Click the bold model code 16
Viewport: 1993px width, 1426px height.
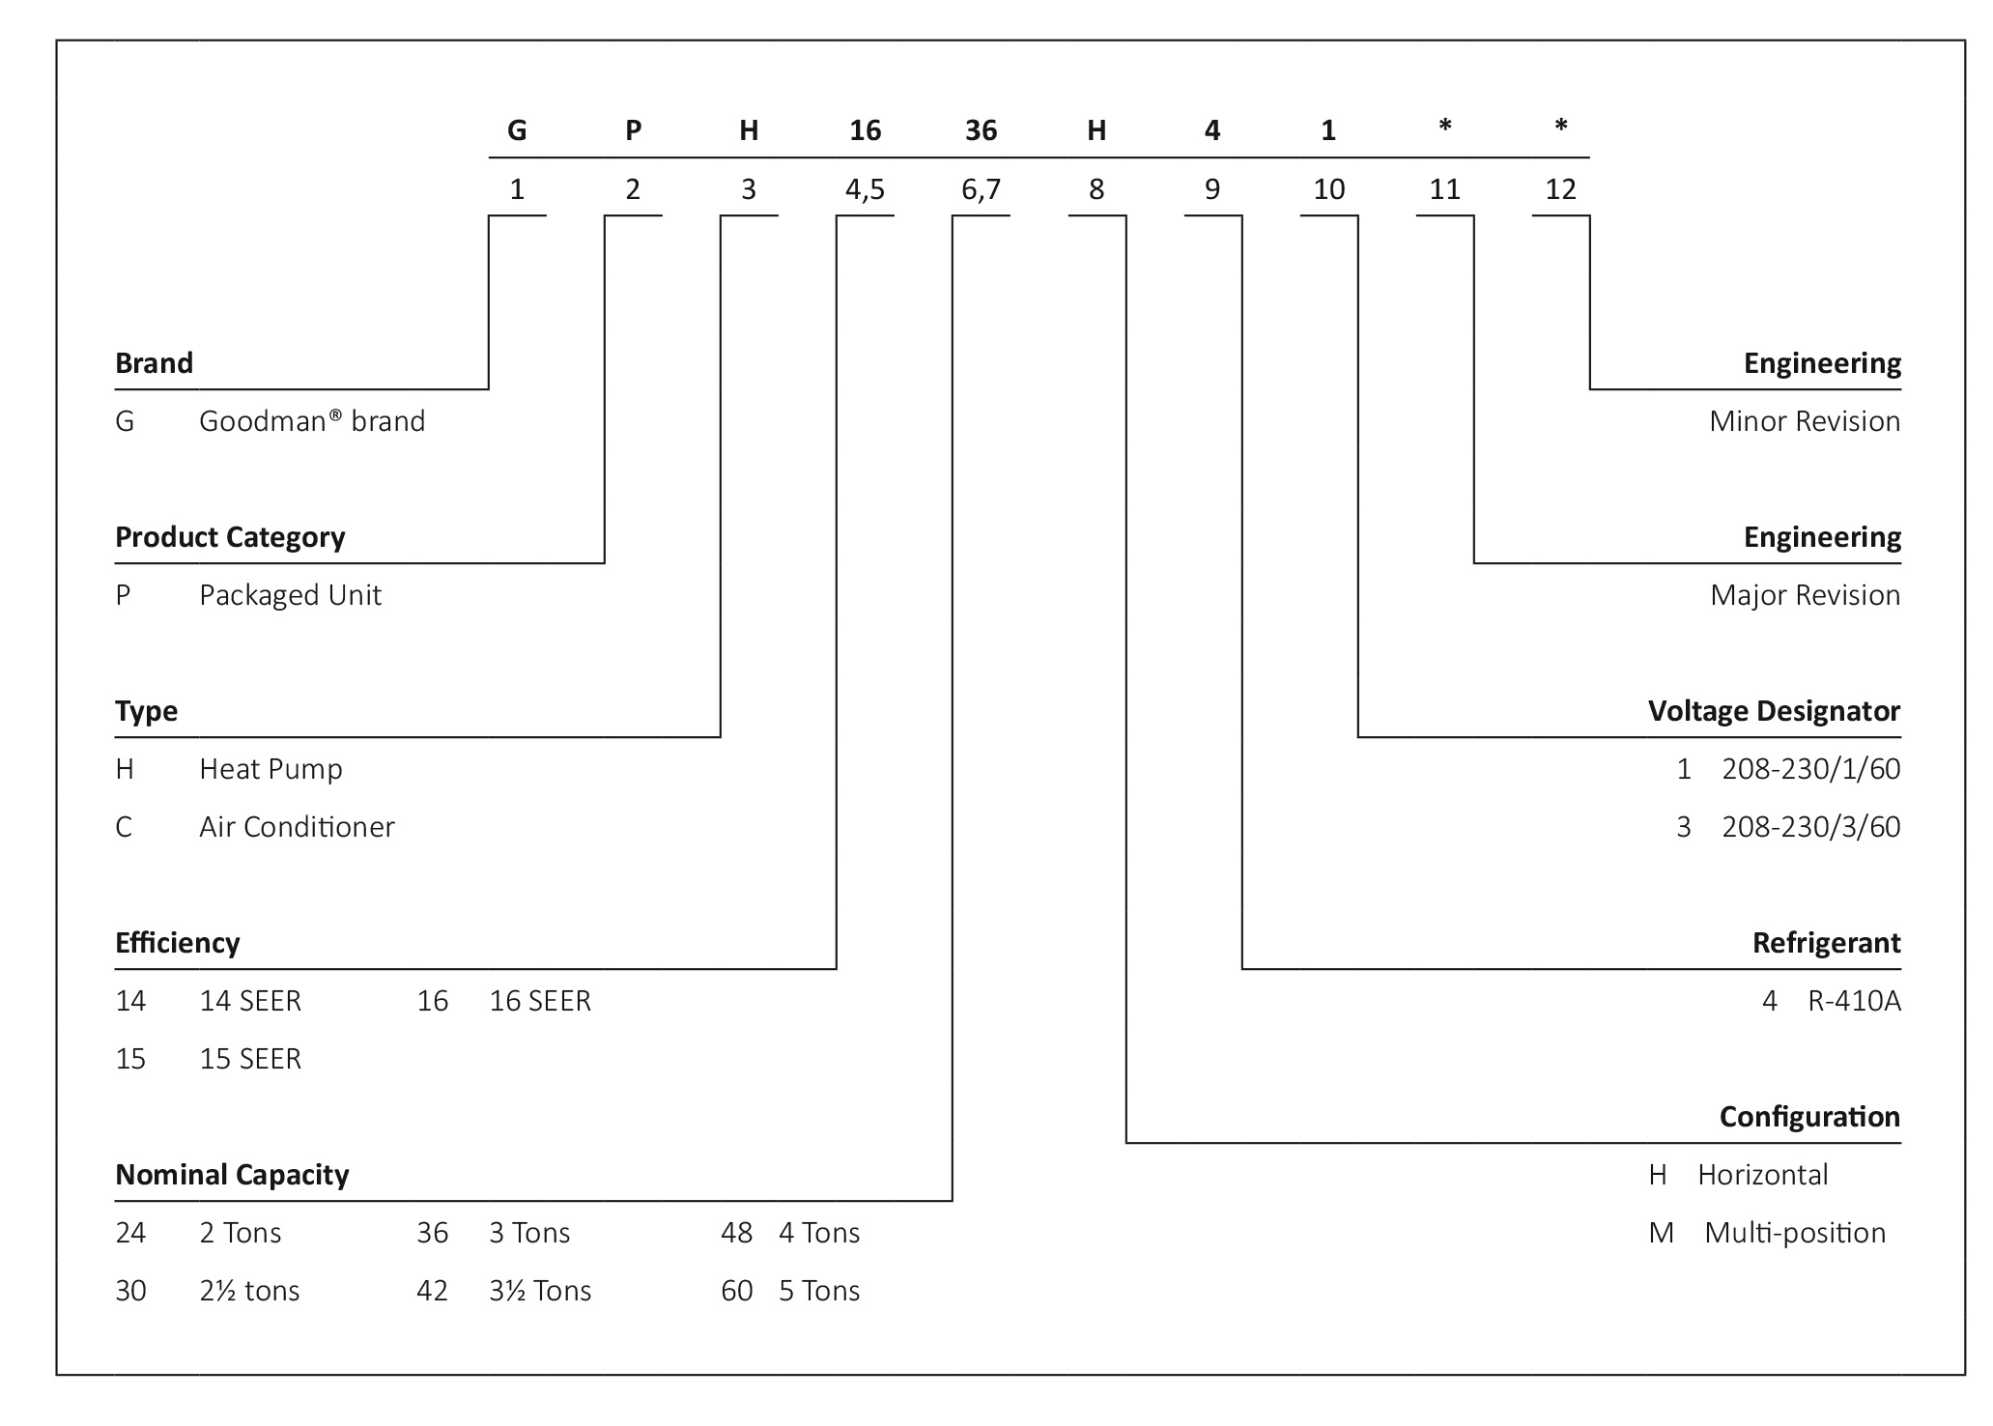click(865, 130)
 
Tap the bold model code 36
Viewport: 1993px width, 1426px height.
click(981, 130)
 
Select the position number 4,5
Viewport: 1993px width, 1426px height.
click(865, 189)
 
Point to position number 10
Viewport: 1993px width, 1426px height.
click(1328, 189)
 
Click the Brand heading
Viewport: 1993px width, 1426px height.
click(154, 363)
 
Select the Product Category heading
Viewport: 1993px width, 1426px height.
click(230, 537)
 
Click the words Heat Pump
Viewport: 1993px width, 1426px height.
click(270, 769)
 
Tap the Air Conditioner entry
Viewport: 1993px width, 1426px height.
click(297, 827)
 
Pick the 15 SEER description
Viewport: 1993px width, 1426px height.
click(250, 1059)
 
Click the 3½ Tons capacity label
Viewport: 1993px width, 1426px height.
click(540, 1291)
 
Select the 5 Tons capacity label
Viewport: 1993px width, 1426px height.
click(819, 1291)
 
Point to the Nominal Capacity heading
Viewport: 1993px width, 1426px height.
click(232, 1175)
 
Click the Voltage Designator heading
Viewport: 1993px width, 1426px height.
click(1774, 711)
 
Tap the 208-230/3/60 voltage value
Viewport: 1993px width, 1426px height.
click(1810, 827)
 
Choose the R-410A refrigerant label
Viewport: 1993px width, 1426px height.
click(1854, 1001)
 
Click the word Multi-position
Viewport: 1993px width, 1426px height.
click(1795, 1233)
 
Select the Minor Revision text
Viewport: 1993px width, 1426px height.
click(1805, 421)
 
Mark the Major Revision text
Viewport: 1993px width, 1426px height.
click(1805, 595)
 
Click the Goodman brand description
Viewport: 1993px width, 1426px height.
click(312, 421)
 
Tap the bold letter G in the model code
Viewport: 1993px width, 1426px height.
click(517, 130)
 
